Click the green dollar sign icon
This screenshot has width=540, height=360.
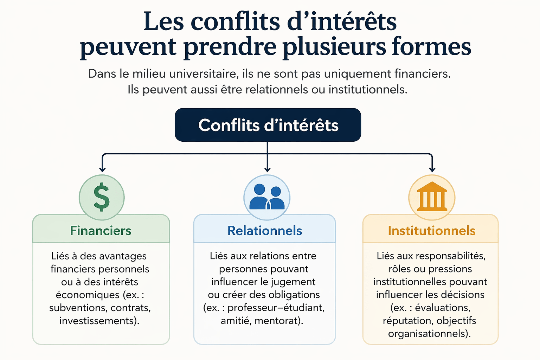pos(102,197)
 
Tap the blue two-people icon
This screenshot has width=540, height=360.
pos(267,198)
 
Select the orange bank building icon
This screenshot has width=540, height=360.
pos(432,197)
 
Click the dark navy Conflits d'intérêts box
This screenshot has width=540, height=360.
pos(268,125)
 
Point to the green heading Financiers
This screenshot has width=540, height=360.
pos(101,231)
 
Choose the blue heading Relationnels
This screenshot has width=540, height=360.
pos(264,231)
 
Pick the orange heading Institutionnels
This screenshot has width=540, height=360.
pos(431,231)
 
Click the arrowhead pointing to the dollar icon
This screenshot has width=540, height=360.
pos(102,169)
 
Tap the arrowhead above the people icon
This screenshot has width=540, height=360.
pos(268,169)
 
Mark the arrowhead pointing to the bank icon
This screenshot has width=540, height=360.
pos(432,169)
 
